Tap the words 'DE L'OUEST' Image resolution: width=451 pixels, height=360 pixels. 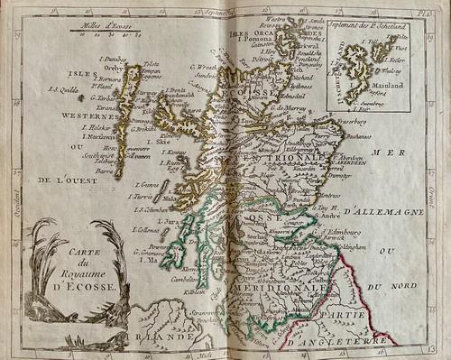[x=68, y=180]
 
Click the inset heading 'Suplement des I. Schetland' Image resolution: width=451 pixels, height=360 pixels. [x=367, y=27]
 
